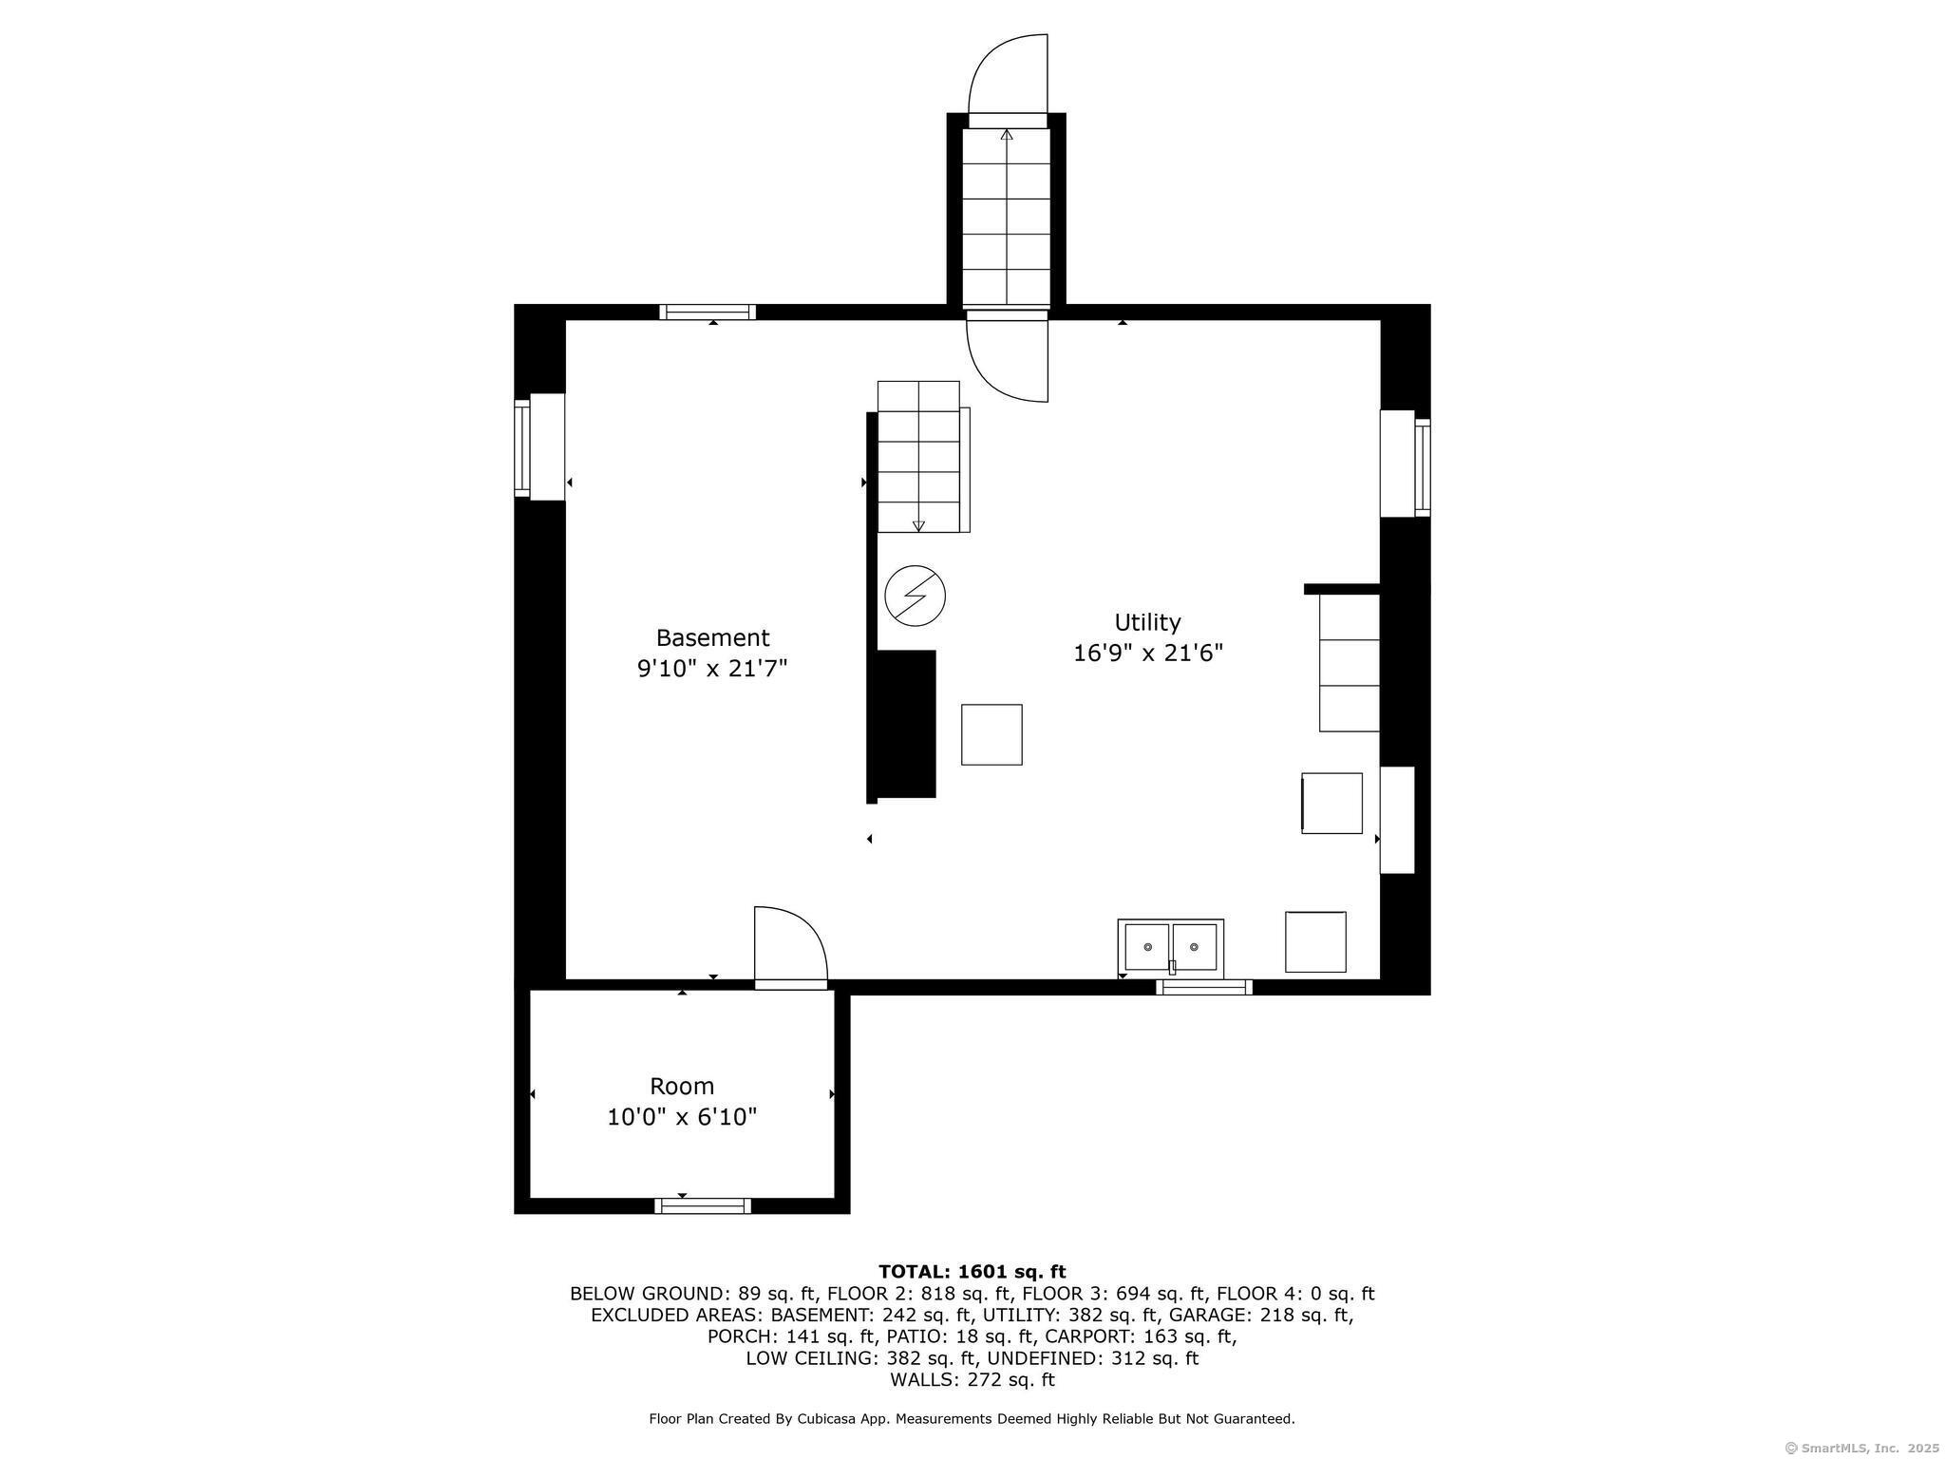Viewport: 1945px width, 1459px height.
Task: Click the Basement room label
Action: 712,637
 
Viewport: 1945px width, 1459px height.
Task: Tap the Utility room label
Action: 1147,622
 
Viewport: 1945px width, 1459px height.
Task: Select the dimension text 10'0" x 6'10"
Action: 682,1116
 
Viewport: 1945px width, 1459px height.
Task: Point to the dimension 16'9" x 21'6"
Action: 1148,654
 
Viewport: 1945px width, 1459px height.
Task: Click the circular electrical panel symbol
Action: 916,597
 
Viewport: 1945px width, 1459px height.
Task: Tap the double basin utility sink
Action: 1170,947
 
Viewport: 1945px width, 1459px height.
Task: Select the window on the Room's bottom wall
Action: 703,1206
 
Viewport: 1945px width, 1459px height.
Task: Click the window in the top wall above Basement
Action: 708,312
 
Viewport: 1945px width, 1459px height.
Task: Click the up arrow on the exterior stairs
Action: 1007,218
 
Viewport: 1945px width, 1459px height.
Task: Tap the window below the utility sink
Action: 1204,988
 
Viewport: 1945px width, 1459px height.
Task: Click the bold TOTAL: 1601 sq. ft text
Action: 972,1272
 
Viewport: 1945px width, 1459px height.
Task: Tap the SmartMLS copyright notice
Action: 1862,1449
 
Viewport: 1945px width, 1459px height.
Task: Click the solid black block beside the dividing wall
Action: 906,724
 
